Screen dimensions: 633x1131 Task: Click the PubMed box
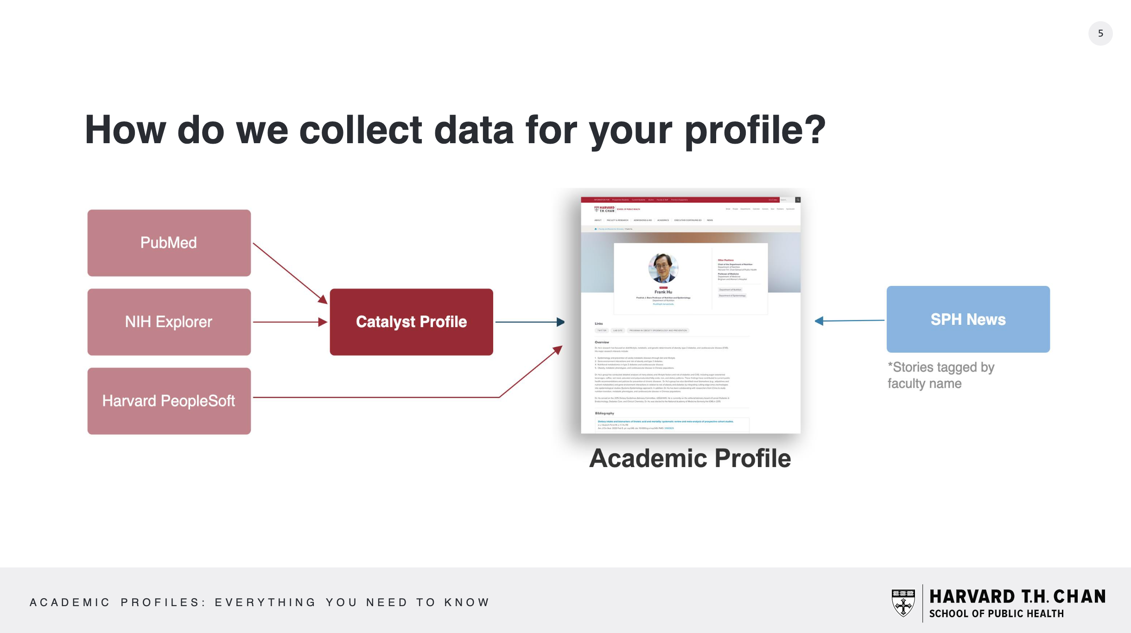pyautogui.click(x=169, y=243)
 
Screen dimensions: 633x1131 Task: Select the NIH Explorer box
pyautogui.click(x=169, y=322)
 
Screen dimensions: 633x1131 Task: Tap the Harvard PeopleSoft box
pyautogui.click(x=169, y=401)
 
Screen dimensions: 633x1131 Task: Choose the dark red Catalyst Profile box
pyautogui.click(x=411, y=322)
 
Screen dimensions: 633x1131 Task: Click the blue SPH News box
pyautogui.click(x=968, y=319)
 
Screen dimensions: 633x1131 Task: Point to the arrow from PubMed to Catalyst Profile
pyautogui.click(x=290, y=273)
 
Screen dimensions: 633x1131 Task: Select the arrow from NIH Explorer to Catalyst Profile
pyautogui.click(x=290, y=322)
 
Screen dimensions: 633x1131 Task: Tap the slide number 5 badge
pyautogui.click(x=1100, y=33)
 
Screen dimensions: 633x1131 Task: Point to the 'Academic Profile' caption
pyautogui.click(x=690, y=458)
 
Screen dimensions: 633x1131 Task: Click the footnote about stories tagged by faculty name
pyautogui.click(x=941, y=375)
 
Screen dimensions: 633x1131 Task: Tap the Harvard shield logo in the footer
pyautogui.click(x=903, y=603)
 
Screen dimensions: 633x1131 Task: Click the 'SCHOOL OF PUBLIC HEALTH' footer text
pyautogui.click(x=997, y=614)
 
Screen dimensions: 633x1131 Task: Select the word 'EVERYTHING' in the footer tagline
pyautogui.click(x=265, y=602)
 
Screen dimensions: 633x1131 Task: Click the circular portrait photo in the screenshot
pyautogui.click(x=663, y=268)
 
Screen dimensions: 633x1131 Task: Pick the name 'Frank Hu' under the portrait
pyautogui.click(x=663, y=292)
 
